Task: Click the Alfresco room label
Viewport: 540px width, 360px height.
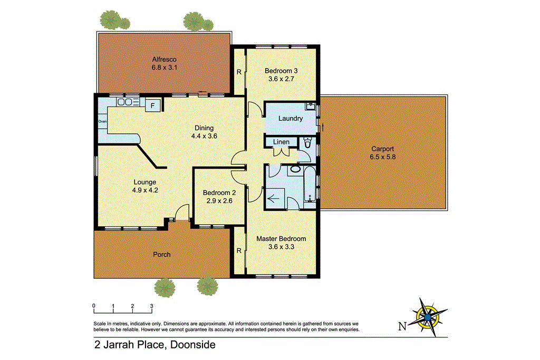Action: click(163, 59)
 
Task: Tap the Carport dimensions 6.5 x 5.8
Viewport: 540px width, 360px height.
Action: click(382, 157)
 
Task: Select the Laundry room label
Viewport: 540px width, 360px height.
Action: click(291, 119)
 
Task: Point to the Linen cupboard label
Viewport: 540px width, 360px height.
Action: click(281, 142)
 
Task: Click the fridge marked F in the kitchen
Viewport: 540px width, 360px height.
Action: click(153, 105)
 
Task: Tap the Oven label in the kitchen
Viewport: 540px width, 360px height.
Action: click(102, 121)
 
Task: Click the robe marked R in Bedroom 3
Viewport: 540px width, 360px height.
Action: click(239, 72)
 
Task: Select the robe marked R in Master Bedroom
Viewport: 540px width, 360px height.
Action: click(239, 250)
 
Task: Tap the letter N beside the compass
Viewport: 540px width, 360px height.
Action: click(402, 326)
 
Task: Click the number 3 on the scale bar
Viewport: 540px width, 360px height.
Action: click(152, 306)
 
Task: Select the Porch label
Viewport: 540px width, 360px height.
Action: click(162, 255)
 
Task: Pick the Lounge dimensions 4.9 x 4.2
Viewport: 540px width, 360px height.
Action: click(144, 190)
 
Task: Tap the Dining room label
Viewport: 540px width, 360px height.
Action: click(204, 128)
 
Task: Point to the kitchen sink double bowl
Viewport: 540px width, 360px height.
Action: click(125, 102)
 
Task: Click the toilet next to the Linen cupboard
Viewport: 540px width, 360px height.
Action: click(308, 143)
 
